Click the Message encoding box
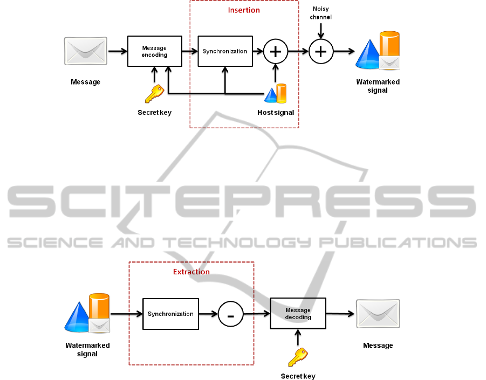click(x=154, y=51)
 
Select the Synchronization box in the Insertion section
click(x=224, y=51)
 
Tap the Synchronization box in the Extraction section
click(x=170, y=314)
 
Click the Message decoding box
click(x=298, y=314)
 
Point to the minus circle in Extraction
click(x=231, y=314)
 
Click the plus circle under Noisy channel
click(x=321, y=51)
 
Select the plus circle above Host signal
click(x=276, y=51)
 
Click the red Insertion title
click(x=244, y=10)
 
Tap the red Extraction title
click(x=191, y=272)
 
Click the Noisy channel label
click(x=321, y=13)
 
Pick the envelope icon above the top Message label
click(x=85, y=51)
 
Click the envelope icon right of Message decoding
click(x=378, y=314)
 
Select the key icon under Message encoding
click(x=154, y=93)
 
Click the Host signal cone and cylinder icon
click(x=276, y=94)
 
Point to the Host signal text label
click(x=276, y=113)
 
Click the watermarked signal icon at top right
click(x=378, y=51)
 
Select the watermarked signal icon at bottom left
click(x=88, y=314)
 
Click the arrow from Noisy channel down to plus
click(x=321, y=31)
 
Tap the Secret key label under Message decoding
click(x=298, y=376)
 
